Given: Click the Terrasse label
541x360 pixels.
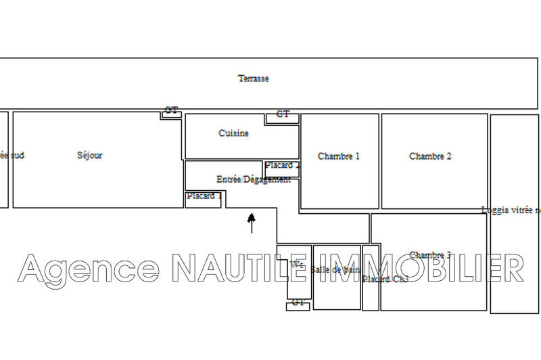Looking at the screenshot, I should (x=253, y=78).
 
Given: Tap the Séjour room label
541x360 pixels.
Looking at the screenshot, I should (x=90, y=156).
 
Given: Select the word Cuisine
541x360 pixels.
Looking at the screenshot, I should (x=233, y=133).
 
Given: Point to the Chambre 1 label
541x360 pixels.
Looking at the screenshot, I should (x=339, y=156).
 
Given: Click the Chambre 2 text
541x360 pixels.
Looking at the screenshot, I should (x=430, y=156).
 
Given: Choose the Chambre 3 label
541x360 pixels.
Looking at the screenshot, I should (x=430, y=255).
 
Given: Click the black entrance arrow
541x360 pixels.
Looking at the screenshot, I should (x=252, y=222).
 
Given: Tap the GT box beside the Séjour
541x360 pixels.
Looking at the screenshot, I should (x=171, y=112).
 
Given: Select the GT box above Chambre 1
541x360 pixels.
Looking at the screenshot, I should (x=283, y=116).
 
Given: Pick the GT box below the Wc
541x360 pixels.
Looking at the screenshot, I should (x=298, y=305).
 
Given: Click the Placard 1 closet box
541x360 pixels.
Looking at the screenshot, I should (x=203, y=198).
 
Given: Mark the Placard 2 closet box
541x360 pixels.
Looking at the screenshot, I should (x=281, y=166).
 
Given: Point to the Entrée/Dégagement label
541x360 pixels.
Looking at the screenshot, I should (x=254, y=180).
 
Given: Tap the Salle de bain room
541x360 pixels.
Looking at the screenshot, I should (x=336, y=271).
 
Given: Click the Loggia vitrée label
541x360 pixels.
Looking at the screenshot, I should (x=511, y=210).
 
